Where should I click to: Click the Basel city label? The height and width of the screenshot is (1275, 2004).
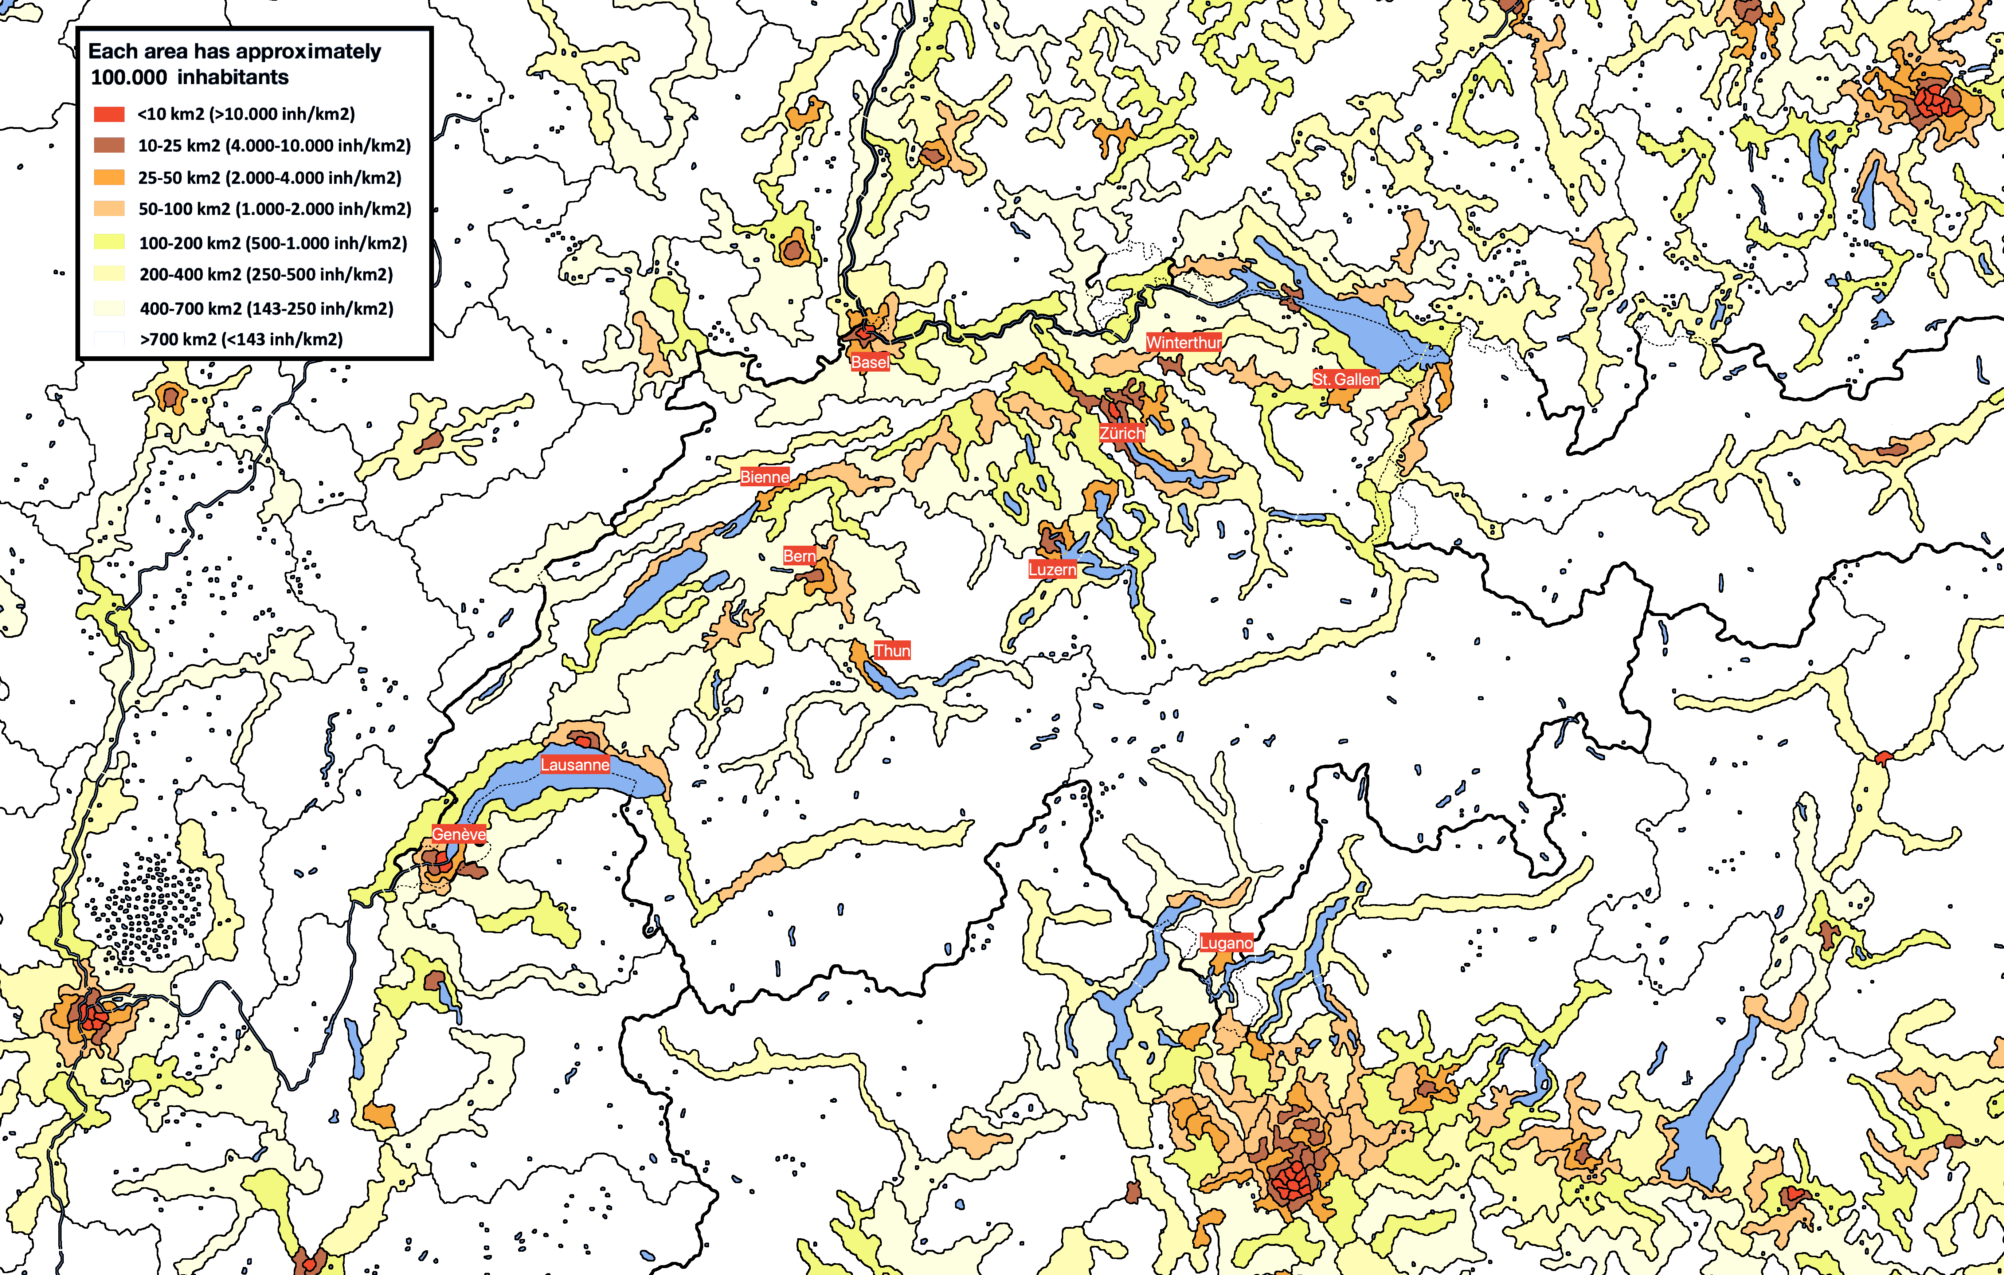[x=870, y=362]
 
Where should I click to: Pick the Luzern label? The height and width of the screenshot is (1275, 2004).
[x=1052, y=569]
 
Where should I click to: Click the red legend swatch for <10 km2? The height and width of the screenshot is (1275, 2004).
[x=109, y=114]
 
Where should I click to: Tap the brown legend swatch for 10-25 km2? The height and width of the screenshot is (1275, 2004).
[x=109, y=146]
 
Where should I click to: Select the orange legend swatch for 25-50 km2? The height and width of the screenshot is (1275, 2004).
[x=109, y=177]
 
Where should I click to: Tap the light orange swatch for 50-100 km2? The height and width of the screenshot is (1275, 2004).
[x=109, y=209]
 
